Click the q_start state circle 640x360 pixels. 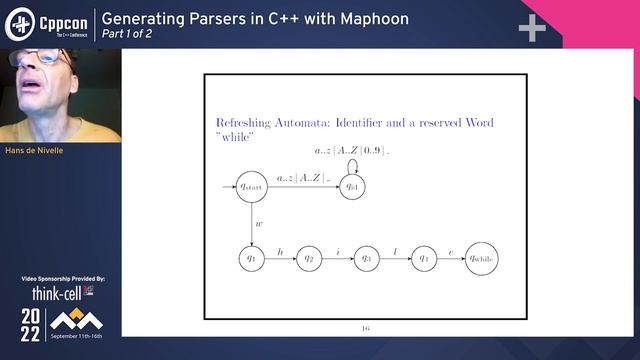tap(250, 186)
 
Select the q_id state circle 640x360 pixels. tap(352, 186)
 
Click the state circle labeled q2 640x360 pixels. tap(310, 258)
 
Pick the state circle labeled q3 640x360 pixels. tap(366, 258)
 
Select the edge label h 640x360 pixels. tap(281, 251)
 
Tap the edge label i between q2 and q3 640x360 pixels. tap(338, 251)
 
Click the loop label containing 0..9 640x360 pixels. tap(350, 150)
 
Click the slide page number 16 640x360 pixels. tap(365, 327)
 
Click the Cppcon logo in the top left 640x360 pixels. tap(44, 23)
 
